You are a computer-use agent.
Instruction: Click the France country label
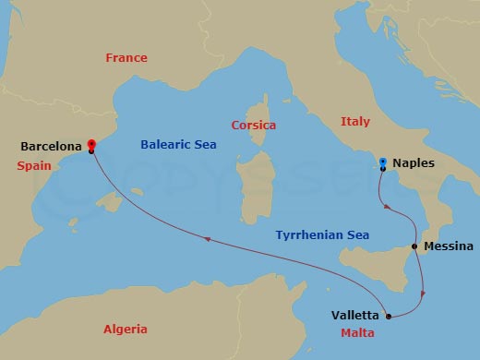tap(126, 57)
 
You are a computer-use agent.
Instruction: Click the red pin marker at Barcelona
tap(91, 145)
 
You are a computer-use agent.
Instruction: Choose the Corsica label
tap(254, 126)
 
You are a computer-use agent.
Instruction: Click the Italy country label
tap(355, 121)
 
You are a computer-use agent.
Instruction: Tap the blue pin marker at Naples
tap(383, 163)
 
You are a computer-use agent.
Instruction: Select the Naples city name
tap(413, 163)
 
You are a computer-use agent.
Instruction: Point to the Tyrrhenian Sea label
tap(322, 235)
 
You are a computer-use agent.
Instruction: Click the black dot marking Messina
tap(413, 247)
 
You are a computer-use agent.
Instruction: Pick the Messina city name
tap(449, 246)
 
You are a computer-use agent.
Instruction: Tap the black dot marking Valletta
tap(389, 317)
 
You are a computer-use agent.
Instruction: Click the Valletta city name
tap(354, 316)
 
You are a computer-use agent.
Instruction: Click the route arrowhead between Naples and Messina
tap(388, 207)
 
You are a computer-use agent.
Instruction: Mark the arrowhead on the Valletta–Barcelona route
tap(209, 240)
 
